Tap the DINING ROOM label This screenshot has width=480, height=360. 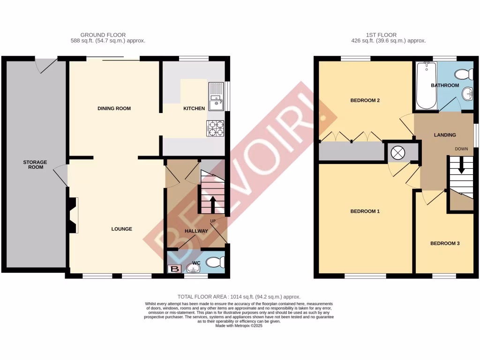114,109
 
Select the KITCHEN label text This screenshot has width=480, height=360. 194,109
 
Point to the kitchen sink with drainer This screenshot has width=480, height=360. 216,96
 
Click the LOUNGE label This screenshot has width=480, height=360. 121,229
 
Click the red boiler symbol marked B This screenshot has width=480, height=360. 174,269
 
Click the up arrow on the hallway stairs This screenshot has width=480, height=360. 212,204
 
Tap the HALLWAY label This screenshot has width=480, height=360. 196,231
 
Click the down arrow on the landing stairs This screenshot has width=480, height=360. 462,166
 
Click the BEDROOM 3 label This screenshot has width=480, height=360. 445,243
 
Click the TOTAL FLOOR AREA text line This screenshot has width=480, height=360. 239,297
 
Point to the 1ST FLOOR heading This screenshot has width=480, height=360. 381,35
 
